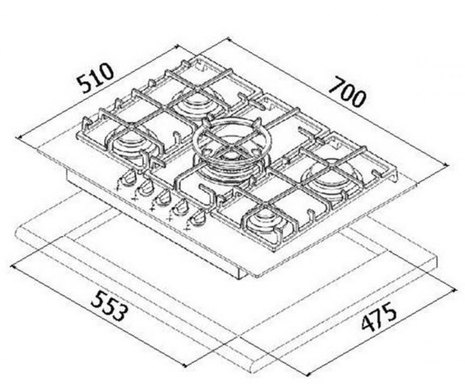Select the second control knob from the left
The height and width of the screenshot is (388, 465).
coord(146,187)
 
